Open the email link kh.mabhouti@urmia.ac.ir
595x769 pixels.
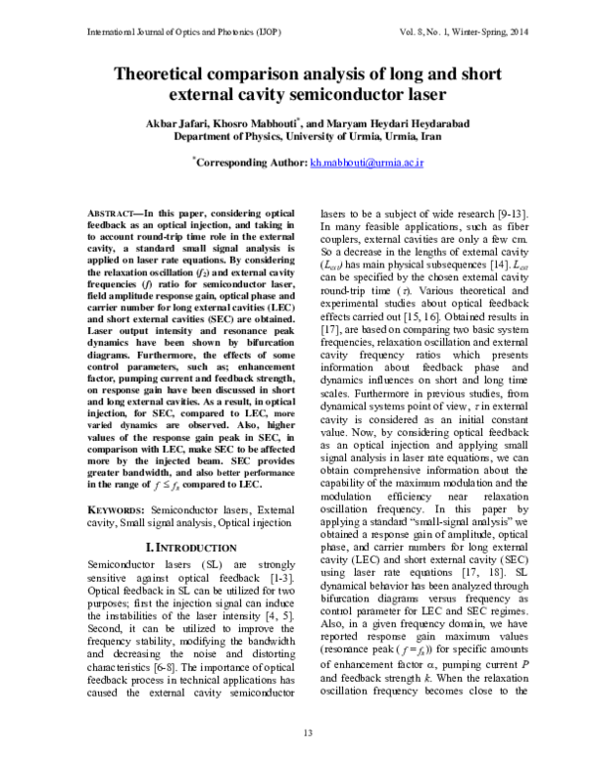[367, 161]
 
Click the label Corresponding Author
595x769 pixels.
[251, 161]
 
